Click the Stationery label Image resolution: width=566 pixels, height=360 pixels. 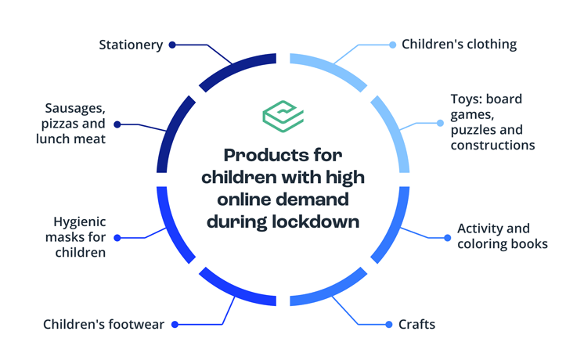[131, 45]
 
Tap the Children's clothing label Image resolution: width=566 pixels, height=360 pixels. [460, 45]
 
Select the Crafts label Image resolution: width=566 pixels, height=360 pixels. [417, 324]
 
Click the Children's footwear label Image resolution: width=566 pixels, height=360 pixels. [103, 324]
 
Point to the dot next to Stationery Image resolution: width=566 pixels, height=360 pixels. [172, 45]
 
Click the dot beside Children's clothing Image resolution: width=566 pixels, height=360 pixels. [392, 45]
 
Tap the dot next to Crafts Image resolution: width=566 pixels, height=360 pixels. [389, 325]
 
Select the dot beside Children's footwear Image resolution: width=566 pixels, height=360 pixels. [175, 325]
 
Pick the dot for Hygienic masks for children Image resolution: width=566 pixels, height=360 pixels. [117, 238]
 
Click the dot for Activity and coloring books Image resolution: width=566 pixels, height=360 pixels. [447, 238]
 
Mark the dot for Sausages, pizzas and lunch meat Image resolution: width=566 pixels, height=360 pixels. [117, 124]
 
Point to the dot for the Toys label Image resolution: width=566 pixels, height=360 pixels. [440, 123]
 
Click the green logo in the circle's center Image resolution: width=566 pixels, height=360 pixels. [283, 116]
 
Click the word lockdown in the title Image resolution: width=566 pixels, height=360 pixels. [315, 221]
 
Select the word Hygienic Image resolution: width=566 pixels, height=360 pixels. [79, 222]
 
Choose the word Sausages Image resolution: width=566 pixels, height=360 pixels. [75, 108]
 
